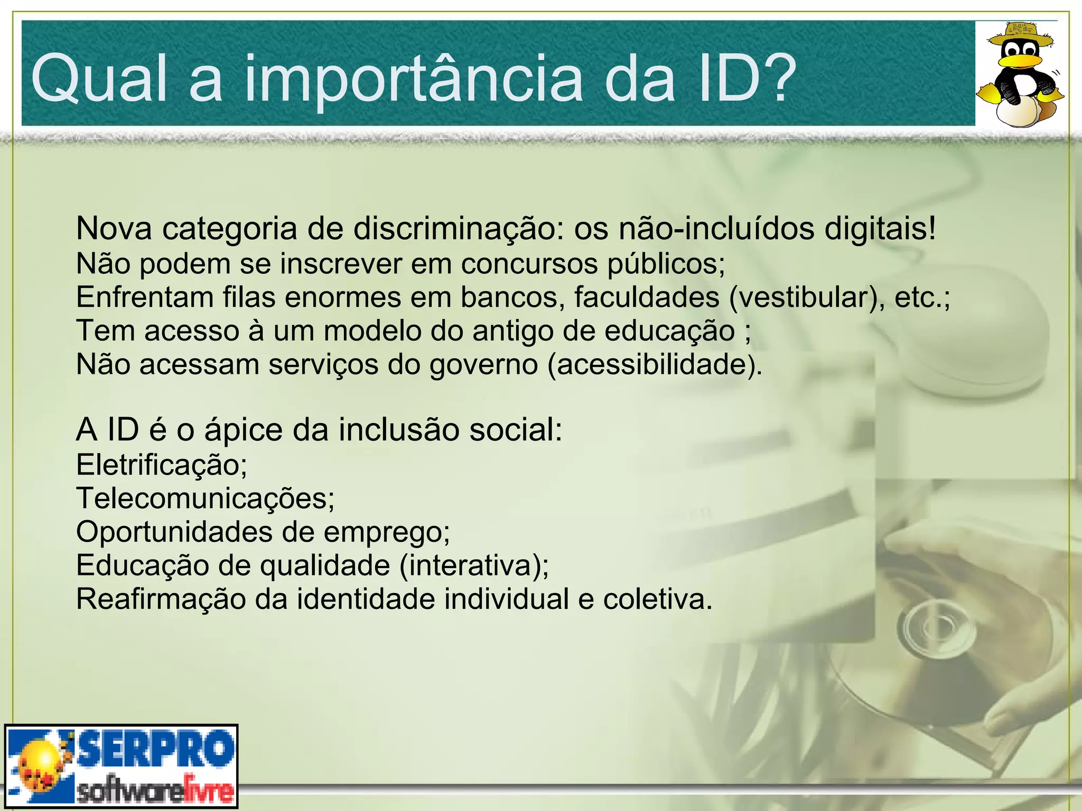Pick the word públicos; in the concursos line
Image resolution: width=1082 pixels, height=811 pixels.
pyautogui.click(x=666, y=264)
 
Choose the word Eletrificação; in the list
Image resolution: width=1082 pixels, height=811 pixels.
pyautogui.click(x=162, y=465)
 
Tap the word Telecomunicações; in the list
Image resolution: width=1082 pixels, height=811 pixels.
pyautogui.click(x=206, y=498)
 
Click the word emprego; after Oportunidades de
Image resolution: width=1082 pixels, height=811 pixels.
pyautogui.click(x=387, y=532)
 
